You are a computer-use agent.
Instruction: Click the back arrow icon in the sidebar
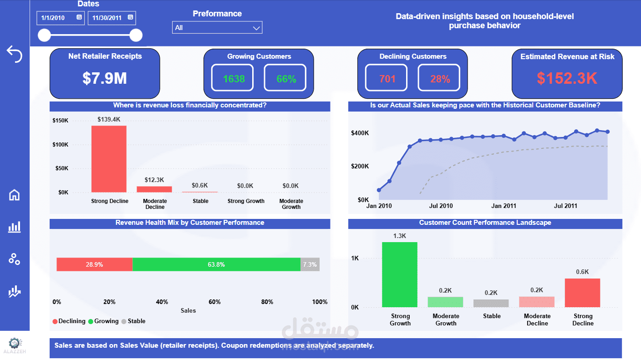pos(14,54)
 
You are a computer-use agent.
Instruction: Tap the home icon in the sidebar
pos(15,195)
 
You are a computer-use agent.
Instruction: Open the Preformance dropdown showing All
pos(217,28)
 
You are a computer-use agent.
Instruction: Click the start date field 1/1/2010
pos(60,18)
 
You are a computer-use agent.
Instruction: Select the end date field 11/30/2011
pos(112,18)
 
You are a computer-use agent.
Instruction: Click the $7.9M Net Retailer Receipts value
pos(105,78)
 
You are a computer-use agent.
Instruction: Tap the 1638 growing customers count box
pos(234,79)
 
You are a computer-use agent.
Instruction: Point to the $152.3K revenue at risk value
pos(567,78)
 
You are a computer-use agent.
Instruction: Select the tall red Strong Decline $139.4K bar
pos(109,159)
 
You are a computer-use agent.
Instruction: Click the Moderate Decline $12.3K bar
pos(154,189)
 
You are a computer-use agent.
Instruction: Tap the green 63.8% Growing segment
pos(216,264)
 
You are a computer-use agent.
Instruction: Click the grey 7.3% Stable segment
pos(310,264)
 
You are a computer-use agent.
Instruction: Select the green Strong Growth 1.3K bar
pos(400,274)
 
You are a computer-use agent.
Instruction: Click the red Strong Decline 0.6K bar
pos(582,293)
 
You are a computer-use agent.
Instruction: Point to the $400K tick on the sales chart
pos(360,133)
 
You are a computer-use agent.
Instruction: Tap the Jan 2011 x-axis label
pos(504,206)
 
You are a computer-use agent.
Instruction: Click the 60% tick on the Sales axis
pos(214,302)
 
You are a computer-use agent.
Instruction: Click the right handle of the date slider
pos(136,35)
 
